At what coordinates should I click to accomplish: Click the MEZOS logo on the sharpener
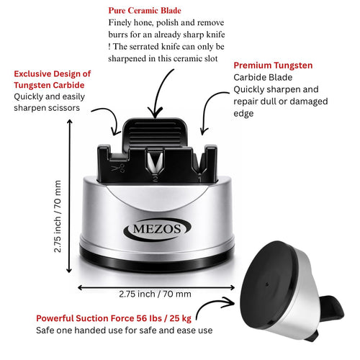(x=157, y=229)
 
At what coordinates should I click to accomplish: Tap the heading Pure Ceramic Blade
(x=145, y=11)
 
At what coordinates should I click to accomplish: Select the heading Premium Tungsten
(x=273, y=66)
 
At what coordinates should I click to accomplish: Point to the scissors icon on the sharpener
(x=118, y=168)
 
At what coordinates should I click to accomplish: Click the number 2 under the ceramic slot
(x=156, y=179)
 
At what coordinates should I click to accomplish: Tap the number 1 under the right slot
(x=199, y=179)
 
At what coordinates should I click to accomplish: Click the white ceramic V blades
(x=156, y=161)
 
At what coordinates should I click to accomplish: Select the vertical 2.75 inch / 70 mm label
(x=58, y=216)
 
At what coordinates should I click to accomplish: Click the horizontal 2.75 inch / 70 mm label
(x=155, y=294)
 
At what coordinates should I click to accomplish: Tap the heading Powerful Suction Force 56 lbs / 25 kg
(x=114, y=318)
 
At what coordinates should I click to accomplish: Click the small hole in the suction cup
(x=267, y=284)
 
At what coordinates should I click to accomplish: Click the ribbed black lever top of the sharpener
(x=155, y=134)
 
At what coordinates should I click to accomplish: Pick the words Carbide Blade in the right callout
(x=263, y=77)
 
